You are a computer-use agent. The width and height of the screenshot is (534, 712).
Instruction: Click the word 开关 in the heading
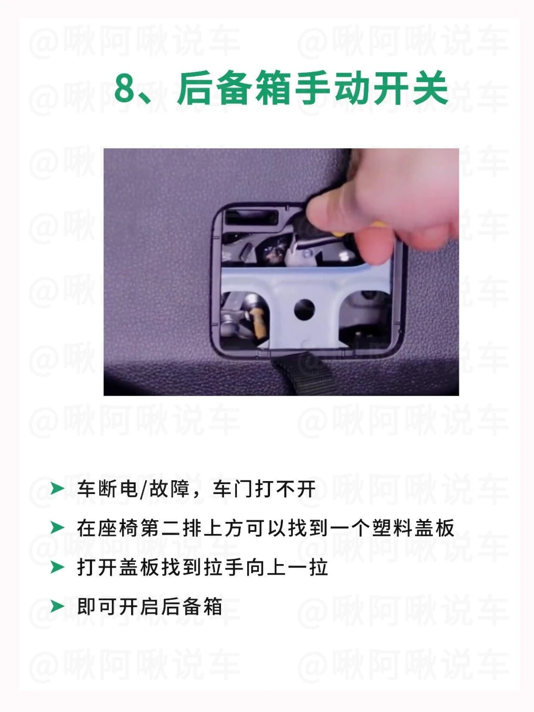(x=411, y=88)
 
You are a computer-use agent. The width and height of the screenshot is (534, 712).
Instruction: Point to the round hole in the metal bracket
(x=304, y=310)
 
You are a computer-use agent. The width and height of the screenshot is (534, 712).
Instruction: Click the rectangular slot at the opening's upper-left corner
(x=251, y=218)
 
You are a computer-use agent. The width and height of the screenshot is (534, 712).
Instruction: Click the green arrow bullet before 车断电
(x=57, y=489)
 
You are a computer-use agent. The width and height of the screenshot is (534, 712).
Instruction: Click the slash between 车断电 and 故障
(x=143, y=489)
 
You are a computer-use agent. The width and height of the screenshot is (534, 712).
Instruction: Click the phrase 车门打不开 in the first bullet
(x=264, y=489)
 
